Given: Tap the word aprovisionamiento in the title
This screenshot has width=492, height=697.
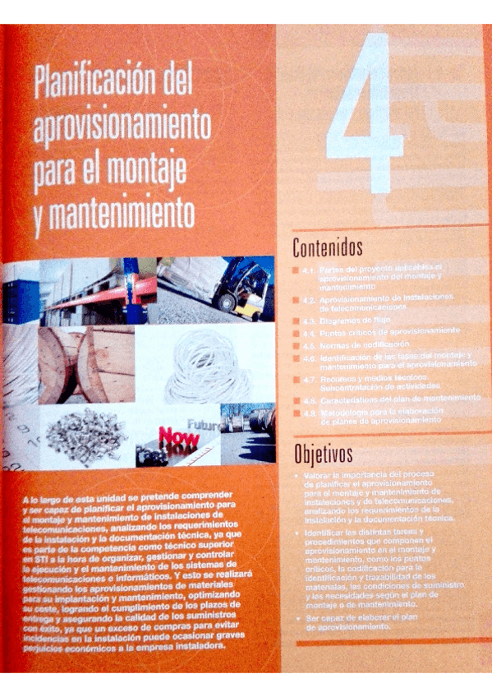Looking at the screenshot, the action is [123, 127].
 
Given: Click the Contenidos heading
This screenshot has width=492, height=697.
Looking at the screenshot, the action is [328, 246].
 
